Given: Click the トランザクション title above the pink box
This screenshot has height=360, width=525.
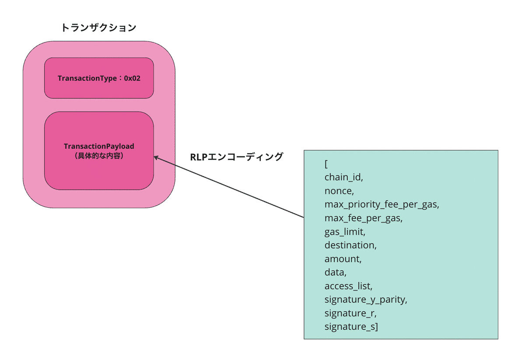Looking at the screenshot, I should [x=99, y=28].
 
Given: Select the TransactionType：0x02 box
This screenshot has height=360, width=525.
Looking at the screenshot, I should [x=99, y=78].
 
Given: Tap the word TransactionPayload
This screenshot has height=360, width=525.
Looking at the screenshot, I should [x=99, y=146].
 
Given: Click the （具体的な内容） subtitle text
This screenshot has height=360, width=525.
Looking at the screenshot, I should [x=99, y=155].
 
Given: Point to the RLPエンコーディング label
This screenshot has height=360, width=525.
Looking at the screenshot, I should [x=237, y=157].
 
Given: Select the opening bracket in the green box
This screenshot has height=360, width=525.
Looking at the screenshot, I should [x=326, y=164].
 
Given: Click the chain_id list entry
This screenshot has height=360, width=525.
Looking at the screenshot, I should [x=344, y=177].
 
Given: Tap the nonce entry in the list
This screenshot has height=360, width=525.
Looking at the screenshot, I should [x=339, y=191].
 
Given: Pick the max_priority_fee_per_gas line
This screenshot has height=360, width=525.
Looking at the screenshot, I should [x=381, y=204].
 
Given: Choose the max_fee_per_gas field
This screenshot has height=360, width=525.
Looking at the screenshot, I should [x=364, y=218].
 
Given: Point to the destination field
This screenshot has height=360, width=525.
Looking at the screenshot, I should [x=350, y=245].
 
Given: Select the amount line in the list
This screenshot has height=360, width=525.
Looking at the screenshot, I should [x=343, y=259].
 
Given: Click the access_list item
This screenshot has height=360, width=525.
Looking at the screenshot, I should [x=348, y=286].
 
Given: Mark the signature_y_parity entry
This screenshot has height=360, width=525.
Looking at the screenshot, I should [x=366, y=299].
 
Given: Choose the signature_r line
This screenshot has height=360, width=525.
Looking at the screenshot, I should [x=350, y=313].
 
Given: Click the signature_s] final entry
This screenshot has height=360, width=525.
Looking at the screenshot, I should [x=351, y=326].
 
